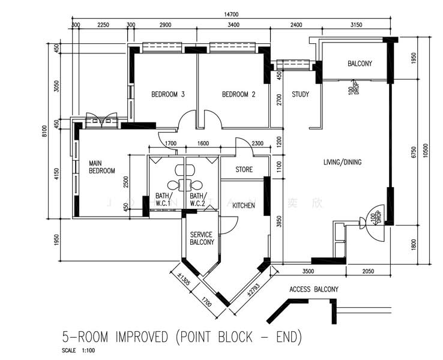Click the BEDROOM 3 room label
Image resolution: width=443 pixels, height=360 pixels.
167,94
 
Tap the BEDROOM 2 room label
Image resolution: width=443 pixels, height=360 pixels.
239,94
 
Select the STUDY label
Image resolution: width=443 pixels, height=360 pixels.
300,94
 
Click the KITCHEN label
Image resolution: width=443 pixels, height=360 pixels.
244,205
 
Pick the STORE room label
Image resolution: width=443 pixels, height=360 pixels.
244,170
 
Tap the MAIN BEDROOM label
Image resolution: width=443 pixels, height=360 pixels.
101,167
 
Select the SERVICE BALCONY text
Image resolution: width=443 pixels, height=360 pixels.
202,238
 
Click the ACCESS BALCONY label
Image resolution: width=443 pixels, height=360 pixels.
314,289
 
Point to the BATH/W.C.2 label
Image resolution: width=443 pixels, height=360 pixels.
198,200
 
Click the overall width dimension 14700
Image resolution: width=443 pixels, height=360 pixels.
231,14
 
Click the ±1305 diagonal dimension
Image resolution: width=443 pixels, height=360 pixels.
184,280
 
